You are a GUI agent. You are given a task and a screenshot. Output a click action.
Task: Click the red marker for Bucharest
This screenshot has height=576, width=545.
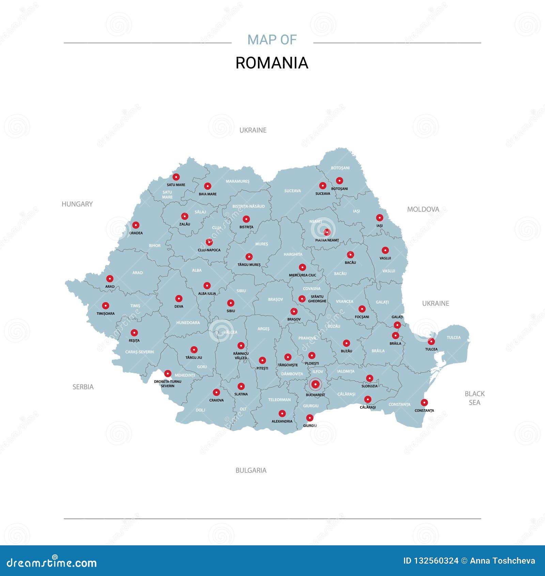point(316,384)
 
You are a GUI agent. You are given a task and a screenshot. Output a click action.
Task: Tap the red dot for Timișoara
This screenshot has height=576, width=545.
point(106,306)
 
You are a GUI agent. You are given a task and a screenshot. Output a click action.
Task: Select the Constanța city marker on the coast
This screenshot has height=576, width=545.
point(424,403)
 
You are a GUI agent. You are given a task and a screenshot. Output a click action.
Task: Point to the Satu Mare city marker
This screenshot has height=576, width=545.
point(176,177)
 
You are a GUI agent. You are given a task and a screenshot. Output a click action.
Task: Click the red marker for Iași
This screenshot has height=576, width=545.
point(379,218)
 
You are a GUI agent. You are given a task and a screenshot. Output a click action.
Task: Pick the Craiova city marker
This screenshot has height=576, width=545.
point(216,392)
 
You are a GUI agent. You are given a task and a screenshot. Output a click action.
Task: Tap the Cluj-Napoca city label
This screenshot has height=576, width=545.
point(209,250)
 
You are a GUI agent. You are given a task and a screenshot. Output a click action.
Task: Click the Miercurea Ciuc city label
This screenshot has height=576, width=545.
point(302,275)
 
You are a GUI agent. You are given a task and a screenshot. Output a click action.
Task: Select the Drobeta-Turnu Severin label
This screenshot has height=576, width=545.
point(168,384)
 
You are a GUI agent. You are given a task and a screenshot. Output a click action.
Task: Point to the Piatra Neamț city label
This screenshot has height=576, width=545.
point(327,240)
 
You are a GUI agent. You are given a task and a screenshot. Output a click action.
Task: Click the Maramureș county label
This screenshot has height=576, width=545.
point(238,181)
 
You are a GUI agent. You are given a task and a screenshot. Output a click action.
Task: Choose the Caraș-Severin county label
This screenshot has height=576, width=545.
point(140,352)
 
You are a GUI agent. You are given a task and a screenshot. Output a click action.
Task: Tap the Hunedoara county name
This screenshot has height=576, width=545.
point(188,322)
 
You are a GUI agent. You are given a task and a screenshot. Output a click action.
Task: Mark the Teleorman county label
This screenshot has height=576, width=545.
point(279,400)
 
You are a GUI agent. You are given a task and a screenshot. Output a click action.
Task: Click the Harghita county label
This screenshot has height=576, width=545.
point(293,254)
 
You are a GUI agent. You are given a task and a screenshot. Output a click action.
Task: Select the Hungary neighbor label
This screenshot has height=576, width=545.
point(77,204)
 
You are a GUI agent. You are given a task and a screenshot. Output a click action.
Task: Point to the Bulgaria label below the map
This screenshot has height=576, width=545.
point(251,470)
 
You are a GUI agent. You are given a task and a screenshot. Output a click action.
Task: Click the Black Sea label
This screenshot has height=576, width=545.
point(474,398)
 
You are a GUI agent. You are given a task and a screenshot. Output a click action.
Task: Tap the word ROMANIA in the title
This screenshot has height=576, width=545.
point(272,63)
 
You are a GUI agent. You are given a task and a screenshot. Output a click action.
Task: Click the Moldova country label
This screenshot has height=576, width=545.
point(423,209)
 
